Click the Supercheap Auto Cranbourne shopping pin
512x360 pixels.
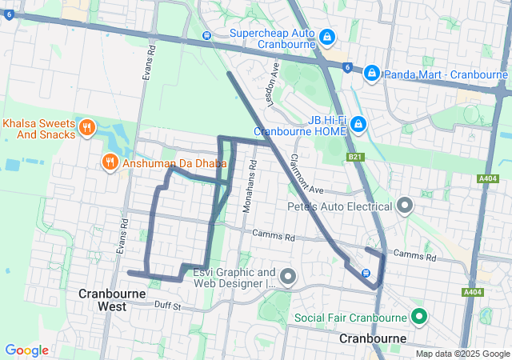pos(327,37)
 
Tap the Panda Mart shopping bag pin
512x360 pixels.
pos(371,74)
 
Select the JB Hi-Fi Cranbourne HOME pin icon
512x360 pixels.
pos(358,124)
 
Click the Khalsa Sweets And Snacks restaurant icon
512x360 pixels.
pos(87,127)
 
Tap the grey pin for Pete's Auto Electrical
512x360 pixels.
pos(405,206)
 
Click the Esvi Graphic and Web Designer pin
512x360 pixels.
pos(288,277)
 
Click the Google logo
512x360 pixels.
pos(26,350)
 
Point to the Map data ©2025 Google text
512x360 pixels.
pos(462,354)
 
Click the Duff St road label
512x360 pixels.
pos(169,306)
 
